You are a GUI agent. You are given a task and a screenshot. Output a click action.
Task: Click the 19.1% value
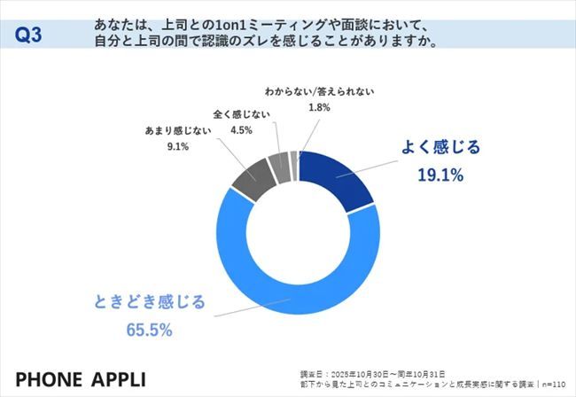point(440,175)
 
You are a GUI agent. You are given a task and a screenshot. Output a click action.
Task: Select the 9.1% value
point(178,146)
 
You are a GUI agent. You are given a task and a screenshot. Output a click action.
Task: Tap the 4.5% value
point(239,129)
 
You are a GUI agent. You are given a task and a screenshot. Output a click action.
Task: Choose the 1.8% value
point(319,107)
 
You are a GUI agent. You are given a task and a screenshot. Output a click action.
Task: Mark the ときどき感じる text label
point(146,302)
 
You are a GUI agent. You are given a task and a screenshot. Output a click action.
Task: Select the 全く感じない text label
point(239,114)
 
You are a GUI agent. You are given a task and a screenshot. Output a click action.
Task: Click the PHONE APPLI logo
point(75,370)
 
